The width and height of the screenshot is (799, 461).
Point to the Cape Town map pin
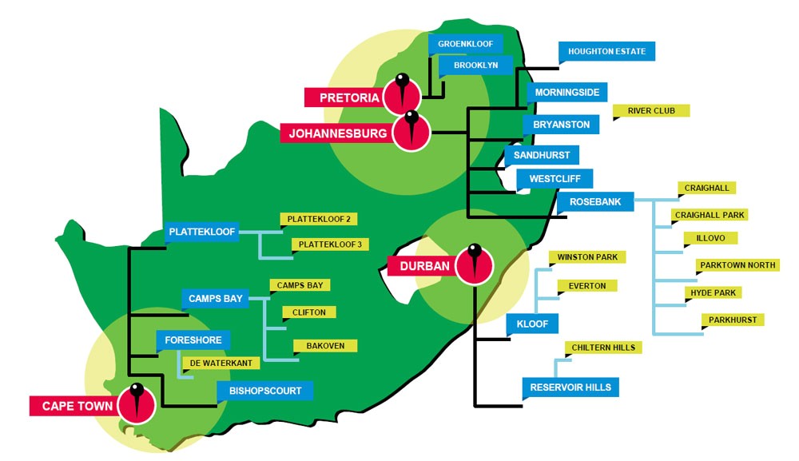coord(137,402)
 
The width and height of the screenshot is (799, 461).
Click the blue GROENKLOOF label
coord(466,44)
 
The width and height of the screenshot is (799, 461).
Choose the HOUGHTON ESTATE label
coord(607,52)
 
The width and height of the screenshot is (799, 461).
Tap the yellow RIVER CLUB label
coord(652,111)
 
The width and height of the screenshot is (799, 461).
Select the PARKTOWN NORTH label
coord(737,265)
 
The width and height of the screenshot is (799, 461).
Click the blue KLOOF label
coord(532,324)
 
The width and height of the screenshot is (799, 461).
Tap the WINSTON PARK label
coord(586,257)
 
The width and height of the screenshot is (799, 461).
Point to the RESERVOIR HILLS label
coord(570,388)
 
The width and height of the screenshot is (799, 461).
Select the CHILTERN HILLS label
coord(602,348)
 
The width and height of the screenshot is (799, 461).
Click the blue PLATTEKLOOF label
coord(202,232)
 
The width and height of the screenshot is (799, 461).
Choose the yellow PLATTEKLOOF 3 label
coord(330,244)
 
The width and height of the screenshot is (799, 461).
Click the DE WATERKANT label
coord(221,364)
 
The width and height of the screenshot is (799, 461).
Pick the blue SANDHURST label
coord(541,155)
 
